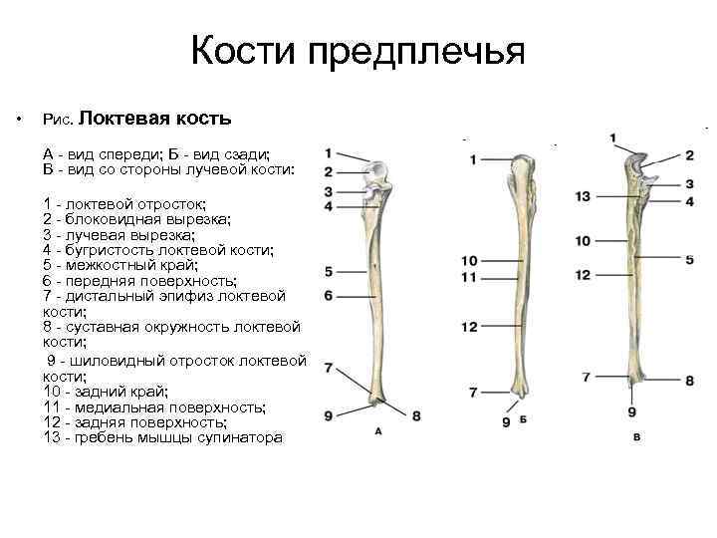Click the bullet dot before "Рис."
18,121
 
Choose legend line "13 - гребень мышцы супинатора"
163,437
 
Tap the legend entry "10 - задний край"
106,392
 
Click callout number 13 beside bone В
584,196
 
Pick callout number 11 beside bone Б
470,276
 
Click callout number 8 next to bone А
416,415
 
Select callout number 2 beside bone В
689,156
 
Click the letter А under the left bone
377,430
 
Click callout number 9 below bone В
632,411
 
